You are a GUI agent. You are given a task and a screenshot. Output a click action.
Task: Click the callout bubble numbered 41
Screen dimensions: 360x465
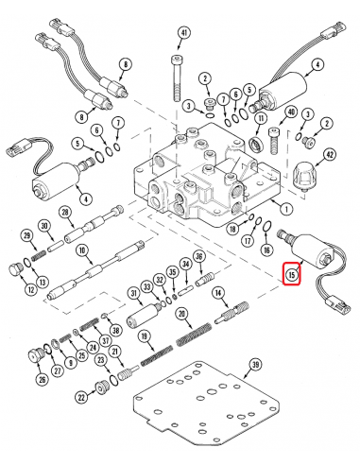coord(184,33)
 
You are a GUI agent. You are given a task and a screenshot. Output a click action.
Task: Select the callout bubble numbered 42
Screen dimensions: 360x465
coord(329,155)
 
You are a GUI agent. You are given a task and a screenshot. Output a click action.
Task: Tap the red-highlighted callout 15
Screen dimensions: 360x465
coord(292,274)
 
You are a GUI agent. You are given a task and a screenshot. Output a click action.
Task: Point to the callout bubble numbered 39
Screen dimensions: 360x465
coord(255,365)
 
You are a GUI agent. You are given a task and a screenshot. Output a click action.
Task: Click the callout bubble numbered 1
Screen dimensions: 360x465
coord(286,209)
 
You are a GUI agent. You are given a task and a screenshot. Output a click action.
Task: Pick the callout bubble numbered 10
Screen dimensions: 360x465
coord(82,250)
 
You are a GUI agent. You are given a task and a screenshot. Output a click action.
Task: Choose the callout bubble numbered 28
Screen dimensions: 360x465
coord(65,213)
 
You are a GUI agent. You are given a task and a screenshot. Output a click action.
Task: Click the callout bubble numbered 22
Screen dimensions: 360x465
coord(82,398)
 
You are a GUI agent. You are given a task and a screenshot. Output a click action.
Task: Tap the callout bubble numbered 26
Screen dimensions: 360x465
coord(42,380)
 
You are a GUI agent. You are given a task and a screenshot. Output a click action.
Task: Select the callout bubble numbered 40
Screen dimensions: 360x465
coord(291,112)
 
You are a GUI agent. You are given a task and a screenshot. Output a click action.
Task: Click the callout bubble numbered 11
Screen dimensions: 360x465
coord(262,119)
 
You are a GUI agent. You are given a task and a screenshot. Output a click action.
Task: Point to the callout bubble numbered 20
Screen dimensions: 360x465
coord(181,314)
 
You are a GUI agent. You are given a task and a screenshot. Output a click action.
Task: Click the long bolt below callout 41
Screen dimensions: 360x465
coord(178,78)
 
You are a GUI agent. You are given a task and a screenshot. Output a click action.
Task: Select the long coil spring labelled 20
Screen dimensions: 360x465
coord(194,335)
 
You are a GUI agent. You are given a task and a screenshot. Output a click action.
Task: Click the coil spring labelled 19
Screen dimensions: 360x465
coord(156,356)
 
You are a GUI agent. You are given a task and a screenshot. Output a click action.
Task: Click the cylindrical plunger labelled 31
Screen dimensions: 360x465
coord(142,316)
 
